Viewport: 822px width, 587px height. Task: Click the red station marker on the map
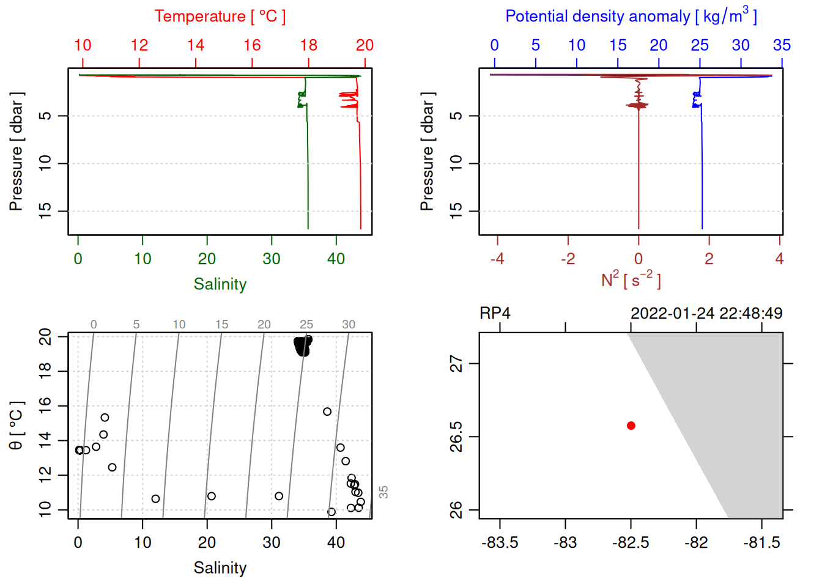631,426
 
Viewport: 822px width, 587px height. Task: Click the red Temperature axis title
220,17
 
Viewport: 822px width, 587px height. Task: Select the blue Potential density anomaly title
631,16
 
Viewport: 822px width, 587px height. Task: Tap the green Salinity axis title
220,284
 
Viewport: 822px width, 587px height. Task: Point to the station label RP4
495,314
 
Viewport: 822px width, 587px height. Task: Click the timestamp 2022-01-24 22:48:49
706,314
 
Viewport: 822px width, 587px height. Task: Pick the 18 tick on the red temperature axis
309,45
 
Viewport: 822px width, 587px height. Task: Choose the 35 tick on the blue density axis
782,45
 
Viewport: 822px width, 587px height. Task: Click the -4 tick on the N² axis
497,259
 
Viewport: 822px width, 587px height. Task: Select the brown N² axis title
631,280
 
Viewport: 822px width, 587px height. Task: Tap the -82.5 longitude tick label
631,543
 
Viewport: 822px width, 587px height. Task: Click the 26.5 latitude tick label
456,437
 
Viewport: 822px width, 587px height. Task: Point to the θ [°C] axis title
16,426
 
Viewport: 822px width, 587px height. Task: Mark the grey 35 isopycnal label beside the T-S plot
383,492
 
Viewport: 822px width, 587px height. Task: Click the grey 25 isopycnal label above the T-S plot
306,325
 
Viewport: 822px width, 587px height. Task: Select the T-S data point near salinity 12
155,499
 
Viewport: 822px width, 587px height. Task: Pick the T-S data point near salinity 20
211,496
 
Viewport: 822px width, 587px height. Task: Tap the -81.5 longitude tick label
761,543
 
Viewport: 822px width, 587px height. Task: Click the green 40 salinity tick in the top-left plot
336,259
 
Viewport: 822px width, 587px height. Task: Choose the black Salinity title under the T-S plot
220,568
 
